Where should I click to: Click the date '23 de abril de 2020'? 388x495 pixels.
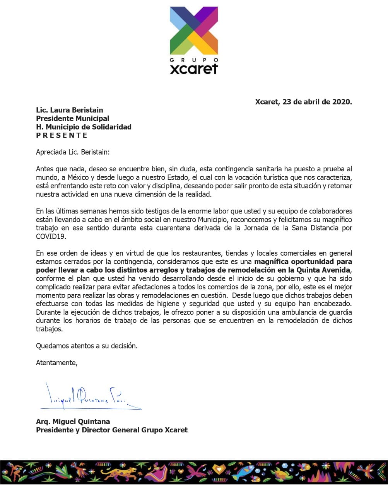[317, 102]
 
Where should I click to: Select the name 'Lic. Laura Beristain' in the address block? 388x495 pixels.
[70, 110]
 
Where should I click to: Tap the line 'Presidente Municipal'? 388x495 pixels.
[72, 118]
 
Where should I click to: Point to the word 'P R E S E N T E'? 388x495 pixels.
[62, 135]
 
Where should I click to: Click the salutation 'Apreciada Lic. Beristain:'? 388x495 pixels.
[73, 152]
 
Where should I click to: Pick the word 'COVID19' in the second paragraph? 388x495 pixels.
[51, 236]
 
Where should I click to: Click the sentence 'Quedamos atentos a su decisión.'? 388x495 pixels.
[87, 346]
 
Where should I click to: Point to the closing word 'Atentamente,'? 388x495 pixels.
[56, 363]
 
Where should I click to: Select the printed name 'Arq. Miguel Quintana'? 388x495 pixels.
[73, 422]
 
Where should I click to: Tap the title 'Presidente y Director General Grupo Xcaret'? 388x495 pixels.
[112, 430]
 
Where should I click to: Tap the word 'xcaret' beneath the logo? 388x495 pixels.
[194, 68]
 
